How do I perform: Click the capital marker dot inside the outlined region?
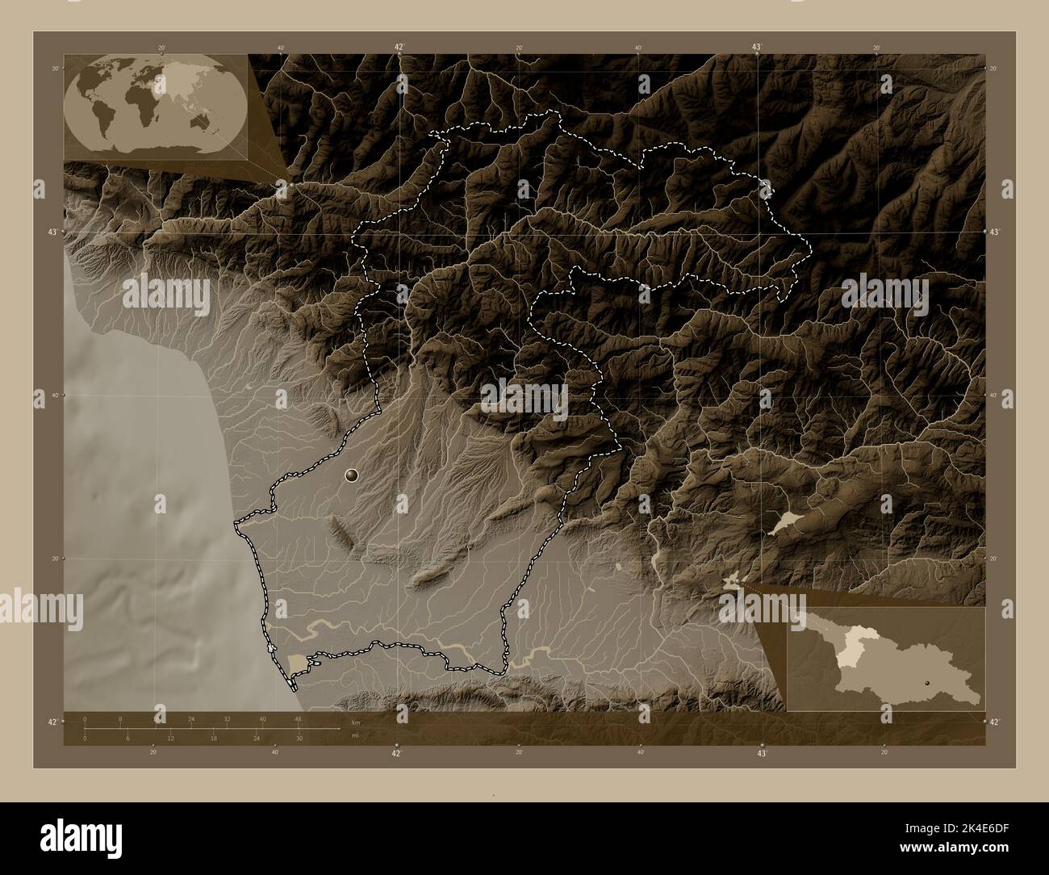pyautogui.click(x=352, y=475)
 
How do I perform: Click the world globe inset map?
pyautogui.click(x=155, y=104)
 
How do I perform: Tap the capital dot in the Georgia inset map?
pyautogui.click(x=928, y=682)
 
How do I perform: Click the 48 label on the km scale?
pyautogui.click(x=298, y=718)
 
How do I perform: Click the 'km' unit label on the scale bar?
pyautogui.click(x=354, y=722)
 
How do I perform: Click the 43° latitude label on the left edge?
pyautogui.click(x=53, y=232)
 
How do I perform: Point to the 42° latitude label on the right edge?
pyautogui.click(x=994, y=722)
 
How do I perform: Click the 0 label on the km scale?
pyautogui.click(x=84, y=718)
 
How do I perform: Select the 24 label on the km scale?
pyautogui.click(x=191, y=718)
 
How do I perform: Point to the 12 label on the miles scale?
pyautogui.click(x=170, y=739)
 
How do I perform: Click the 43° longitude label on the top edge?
pyautogui.click(x=758, y=48)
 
